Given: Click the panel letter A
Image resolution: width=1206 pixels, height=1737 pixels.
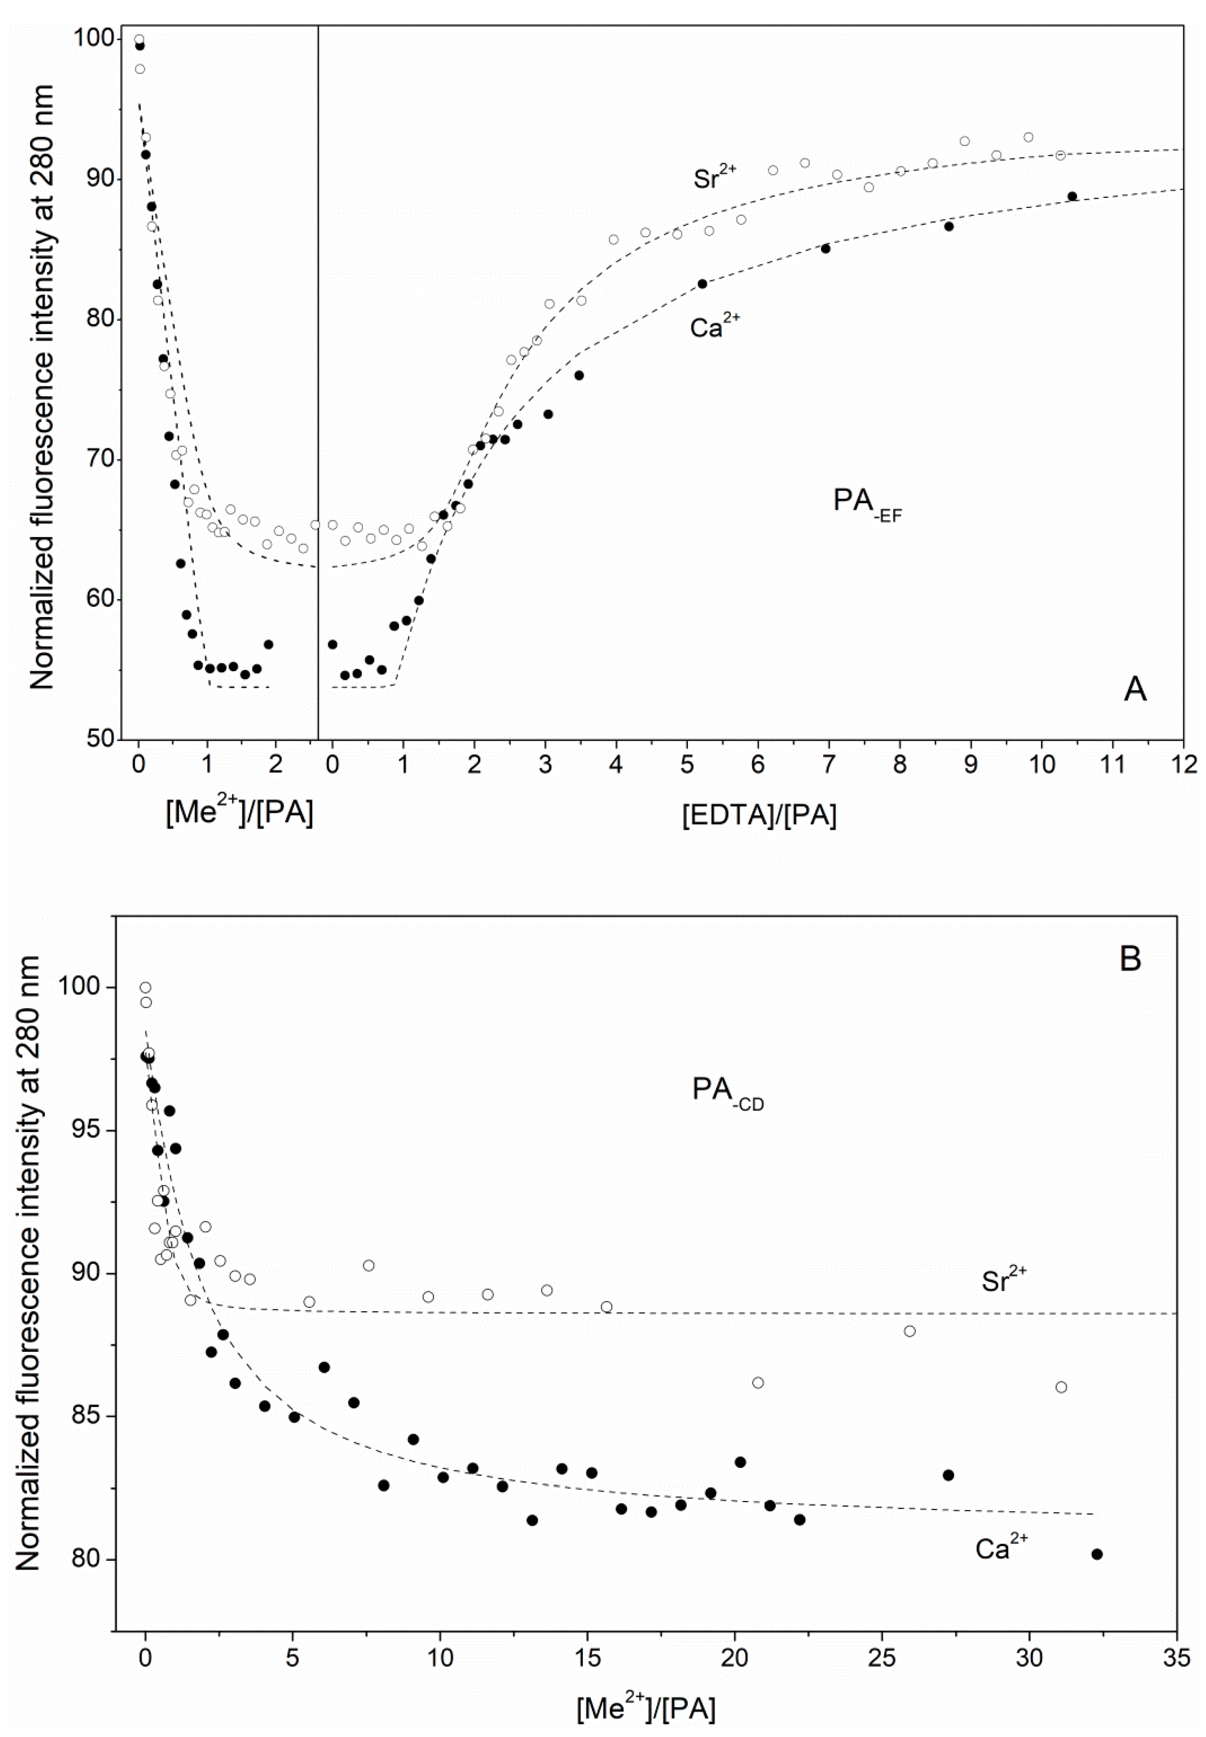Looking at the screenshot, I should [x=1135, y=690].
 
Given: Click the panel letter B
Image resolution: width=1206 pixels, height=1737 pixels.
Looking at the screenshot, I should [x=1130, y=960].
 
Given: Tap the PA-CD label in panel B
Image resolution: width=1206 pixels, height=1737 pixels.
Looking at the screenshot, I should [x=728, y=1091].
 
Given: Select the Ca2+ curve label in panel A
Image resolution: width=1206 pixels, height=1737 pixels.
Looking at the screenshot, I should [x=715, y=326].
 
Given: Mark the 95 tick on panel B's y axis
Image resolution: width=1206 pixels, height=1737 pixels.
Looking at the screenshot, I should [x=88, y=1130].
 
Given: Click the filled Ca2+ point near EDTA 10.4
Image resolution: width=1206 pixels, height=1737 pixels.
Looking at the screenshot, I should [x=1071, y=196].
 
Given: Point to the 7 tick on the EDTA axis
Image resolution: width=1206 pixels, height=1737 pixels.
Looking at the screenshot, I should [x=829, y=765].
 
